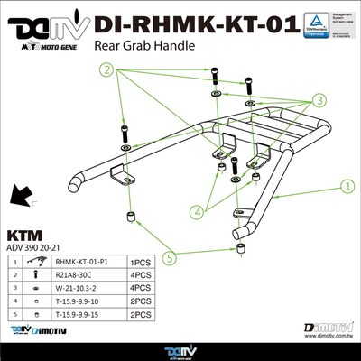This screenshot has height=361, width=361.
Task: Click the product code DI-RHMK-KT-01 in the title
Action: pyautogui.click(x=195, y=23)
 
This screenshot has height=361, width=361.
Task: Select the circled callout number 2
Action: pyautogui.click(x=108, y=69)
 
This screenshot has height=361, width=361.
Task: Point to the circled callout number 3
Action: pyautogui.click(x=319, y=99)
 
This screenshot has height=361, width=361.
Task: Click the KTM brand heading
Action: pyautogui.click(x=28, y=230)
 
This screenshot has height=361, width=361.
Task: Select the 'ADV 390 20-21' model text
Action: pyautogui.click(x=36, y=245)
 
